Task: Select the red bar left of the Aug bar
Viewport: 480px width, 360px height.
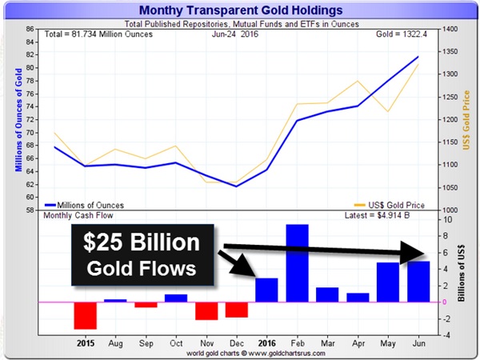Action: (86, 315)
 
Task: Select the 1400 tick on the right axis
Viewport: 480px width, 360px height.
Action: (450, 30)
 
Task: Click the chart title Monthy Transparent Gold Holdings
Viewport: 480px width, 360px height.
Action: (240, 10)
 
